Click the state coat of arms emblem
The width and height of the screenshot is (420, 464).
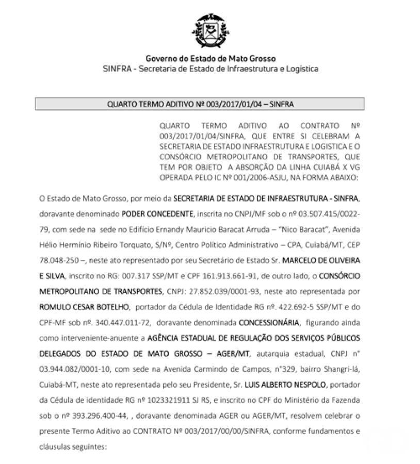tap(210, 31)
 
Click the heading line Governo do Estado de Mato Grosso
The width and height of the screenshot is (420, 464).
tap(210, 59)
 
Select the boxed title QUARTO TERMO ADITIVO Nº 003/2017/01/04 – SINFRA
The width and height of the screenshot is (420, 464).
tap(200, 104)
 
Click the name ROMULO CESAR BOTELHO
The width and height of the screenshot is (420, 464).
tap(84, 307)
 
